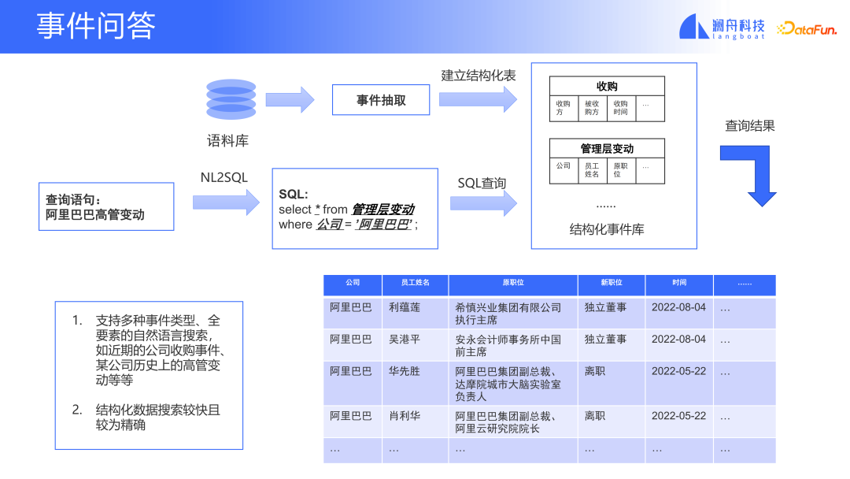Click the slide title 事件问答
point(96,26)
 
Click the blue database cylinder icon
point(231,99)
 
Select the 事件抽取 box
point(381,100)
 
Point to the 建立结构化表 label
point(479,75)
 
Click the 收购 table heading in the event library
point(607,86)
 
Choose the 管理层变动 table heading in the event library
point(607,148)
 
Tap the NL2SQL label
point(224,178)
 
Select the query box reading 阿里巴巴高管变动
point(106,207)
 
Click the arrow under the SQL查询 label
point(483,203)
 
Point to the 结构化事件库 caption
point(607,229)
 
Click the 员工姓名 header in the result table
point(415,283)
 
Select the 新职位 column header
point(611,283)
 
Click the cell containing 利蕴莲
point(405,307)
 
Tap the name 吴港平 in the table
point(405,339)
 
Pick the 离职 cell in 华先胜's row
point(595,371)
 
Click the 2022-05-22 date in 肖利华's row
point(678,416)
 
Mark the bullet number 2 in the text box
point(77,410)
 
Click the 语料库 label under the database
point(228,141)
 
